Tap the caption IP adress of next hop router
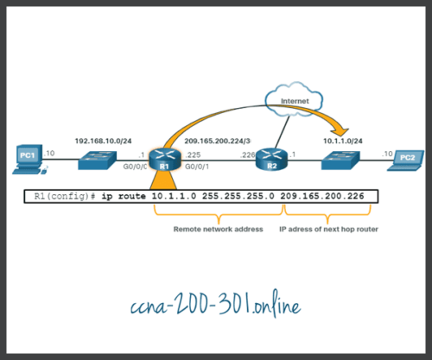pyautogui.click(x=327, y=230)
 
